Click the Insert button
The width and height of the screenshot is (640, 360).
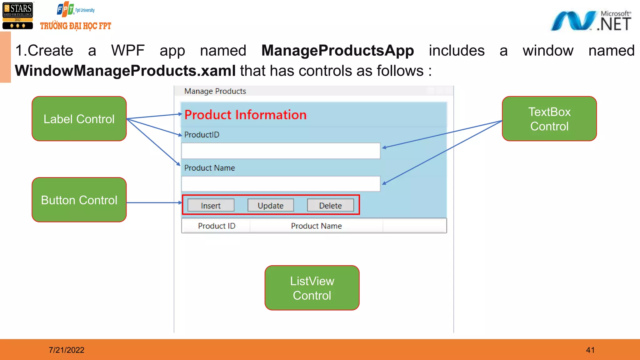(211, 205)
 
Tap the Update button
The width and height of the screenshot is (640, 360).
(271, 205)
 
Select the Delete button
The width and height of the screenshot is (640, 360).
(330, 205)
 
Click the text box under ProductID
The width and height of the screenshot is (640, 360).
(281, 151)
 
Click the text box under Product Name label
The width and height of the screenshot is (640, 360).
(281, 184)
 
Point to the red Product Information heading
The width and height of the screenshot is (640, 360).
(245, 115)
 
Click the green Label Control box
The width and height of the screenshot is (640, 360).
(79, 119)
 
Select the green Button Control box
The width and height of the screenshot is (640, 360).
(79, 200)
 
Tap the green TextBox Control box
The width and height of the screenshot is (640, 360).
(549, 119)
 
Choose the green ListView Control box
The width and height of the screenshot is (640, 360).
(312, 288)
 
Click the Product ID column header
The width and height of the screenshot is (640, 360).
(216, 226)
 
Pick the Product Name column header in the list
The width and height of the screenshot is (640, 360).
(316, 226)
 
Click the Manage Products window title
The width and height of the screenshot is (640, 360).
(215, 91)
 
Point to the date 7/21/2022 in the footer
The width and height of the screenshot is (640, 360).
(67, 350)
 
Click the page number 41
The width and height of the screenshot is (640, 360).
(590, 350)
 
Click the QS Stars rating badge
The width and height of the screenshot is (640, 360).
(18, 16)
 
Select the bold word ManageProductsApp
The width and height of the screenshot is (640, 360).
(337, 51)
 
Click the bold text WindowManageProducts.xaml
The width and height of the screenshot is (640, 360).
(125, 71)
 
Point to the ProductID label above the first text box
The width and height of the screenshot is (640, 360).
(202, 135)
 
